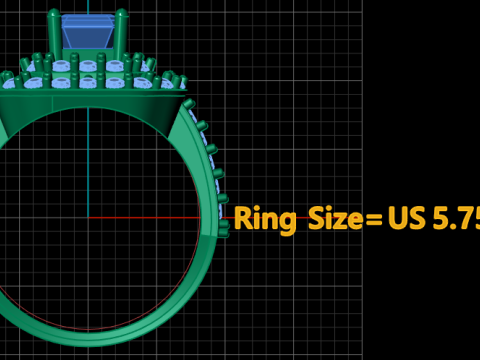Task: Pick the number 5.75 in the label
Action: pos(456,218)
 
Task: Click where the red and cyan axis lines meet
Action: pos(88,217)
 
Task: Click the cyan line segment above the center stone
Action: pos(88,7)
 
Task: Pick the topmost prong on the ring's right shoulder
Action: pos(189,104)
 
